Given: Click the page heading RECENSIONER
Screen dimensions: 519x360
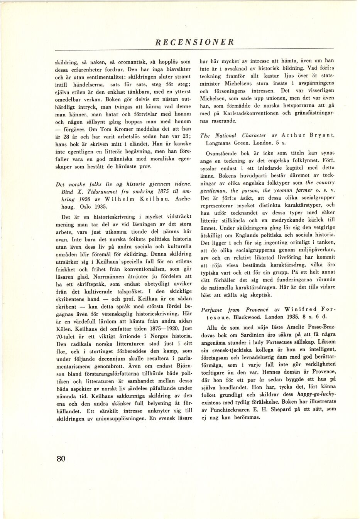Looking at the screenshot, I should (194, 42).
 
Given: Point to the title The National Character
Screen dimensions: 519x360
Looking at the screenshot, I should (233, 135).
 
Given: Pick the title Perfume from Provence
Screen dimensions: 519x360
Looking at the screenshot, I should (235, 310).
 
